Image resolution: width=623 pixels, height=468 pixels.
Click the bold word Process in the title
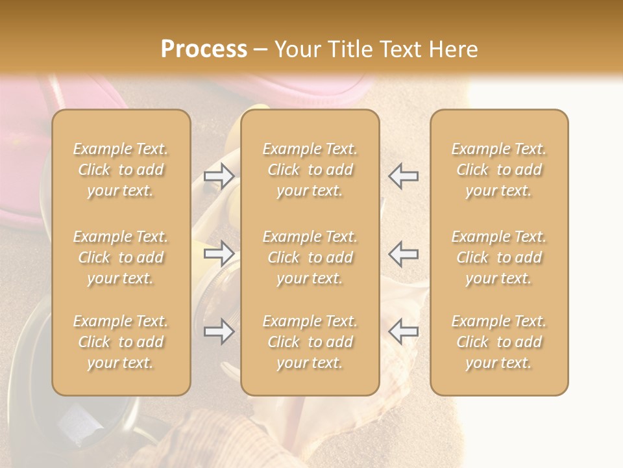click(x=204, y=49)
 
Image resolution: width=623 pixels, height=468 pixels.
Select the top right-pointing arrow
click(x=219, y=175)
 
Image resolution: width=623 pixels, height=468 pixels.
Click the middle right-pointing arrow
click(x=219, y=253)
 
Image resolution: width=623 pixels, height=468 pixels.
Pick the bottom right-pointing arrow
click(x=219, y=331)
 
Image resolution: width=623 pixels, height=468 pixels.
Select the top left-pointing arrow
click(x=403, y=175)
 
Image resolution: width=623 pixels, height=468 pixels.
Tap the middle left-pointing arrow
click(x=403, y=253)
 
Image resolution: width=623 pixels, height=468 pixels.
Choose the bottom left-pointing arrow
click(x=403, y=331)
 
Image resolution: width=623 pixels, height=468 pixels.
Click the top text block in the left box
click(x=121, y=170)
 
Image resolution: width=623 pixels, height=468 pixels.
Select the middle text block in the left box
click(x=121, y=257)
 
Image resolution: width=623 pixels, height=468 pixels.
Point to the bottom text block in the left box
click(x=121, y=342)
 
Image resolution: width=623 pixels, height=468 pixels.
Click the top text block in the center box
click(x=310, y=170)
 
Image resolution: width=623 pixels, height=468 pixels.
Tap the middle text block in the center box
click(x=310, y=257)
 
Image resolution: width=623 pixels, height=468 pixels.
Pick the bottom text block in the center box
click(x=310, y=342)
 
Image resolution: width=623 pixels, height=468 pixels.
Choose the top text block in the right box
click(x=499, y=170)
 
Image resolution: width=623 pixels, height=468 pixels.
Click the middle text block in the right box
click(x=499, y=257)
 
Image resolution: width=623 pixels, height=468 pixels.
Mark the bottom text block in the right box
click(x=499, y=342)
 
